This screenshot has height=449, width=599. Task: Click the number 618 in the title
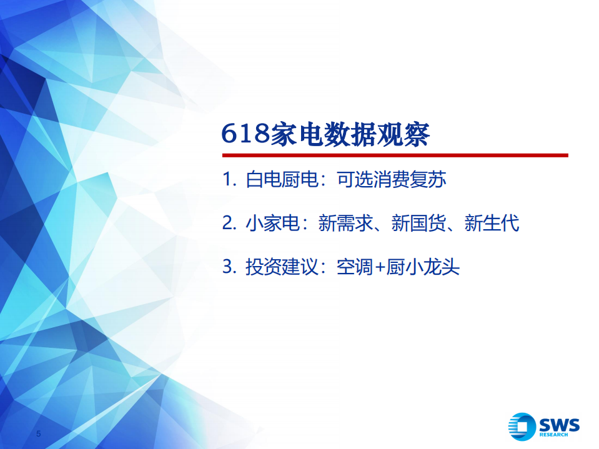pyautogui.click(x=246, y=134)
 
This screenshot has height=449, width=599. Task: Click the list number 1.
pyautogui.click(x=227, y=180)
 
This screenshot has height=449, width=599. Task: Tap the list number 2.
pyautogui.click(x=228, y=223)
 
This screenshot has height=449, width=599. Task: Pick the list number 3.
pyautogui.click(x=228, y=267)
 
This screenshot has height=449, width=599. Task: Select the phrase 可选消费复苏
pyautogui.click(x=391, y=180)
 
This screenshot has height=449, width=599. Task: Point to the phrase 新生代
pyautogui.click(x=492, y=223)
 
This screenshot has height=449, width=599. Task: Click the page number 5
pyautogui.click(x=39, y=434)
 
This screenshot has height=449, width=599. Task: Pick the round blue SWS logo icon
pyautogui.click(x=522, y=427)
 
